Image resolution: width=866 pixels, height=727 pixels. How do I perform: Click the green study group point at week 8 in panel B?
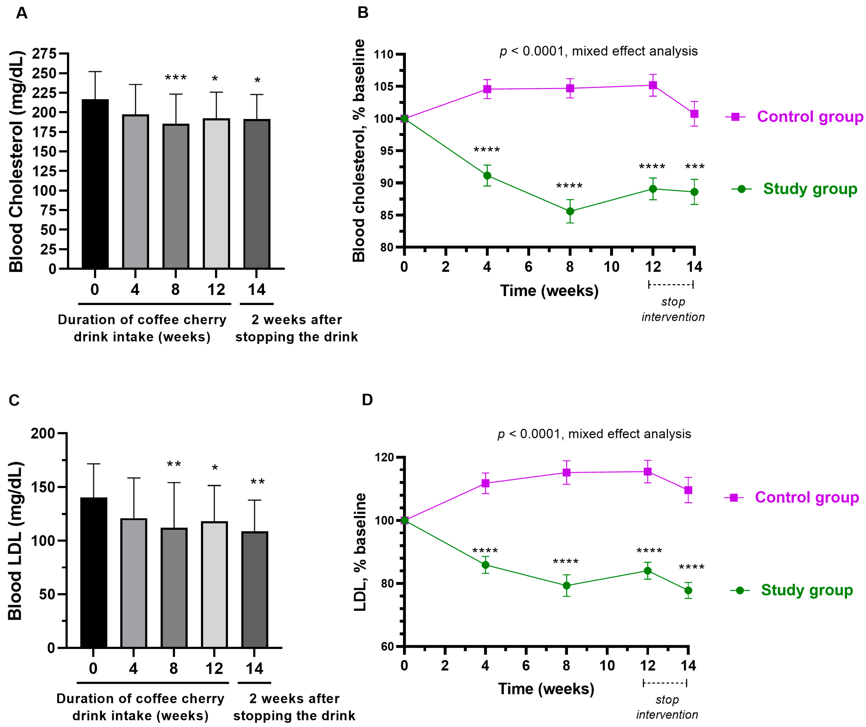[570, 211]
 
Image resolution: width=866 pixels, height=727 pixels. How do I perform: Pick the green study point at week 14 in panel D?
[688, 590]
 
